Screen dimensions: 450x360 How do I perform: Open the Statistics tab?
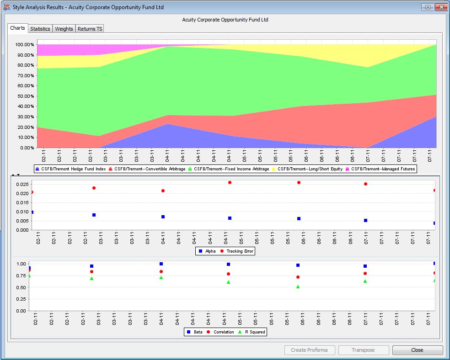(x=40, y=29)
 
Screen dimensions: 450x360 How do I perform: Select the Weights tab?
(x=64, y=29)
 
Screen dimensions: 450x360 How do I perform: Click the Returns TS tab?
(x=90, y=29)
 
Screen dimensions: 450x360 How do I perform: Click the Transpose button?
(x=363, y=350)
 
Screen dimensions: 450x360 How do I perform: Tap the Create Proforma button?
(x=309, y=350)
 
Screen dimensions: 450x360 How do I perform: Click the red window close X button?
(x=441, y=7)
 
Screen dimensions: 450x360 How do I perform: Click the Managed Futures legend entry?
(x=380, y=169)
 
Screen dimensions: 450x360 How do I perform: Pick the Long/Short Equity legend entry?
(x=307, y=169)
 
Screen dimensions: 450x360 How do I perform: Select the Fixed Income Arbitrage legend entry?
(x=229, y=169)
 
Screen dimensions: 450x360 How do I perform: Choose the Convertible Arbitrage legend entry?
(x=147, y=169)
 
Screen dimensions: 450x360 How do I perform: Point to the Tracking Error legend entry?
(x=236, y=251)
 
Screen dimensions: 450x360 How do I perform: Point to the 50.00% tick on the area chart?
(x=25, y=96)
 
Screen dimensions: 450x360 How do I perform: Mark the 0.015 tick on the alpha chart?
(x=22, y=203)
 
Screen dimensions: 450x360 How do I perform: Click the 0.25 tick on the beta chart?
(x=21, y=299)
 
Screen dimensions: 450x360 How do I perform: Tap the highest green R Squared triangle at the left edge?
(x=29, y=276)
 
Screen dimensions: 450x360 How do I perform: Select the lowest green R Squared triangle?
(x=298, y=286)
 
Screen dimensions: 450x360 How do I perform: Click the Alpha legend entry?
(x=207, y=251)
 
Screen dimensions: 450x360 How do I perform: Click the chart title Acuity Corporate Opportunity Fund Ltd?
(x=225, y=20)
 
